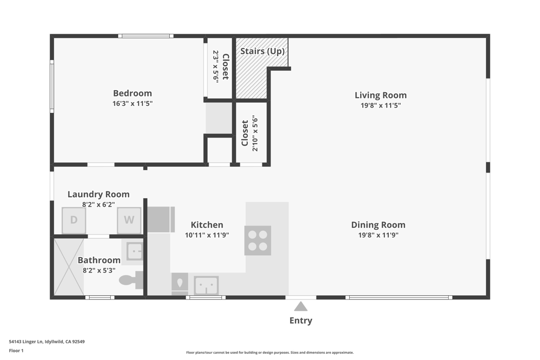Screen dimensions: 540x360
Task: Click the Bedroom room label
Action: [132, 93]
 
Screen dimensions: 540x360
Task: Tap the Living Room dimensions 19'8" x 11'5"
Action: [381, 105]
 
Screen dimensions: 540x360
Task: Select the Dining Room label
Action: [378, 225]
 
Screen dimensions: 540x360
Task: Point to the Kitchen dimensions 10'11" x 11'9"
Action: [207, 235]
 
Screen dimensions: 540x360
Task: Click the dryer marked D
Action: [74, 220]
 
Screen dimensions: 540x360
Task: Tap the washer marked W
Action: [129, 220]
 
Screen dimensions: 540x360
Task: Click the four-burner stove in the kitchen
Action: [257, 240]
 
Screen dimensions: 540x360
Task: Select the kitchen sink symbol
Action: [206, 285]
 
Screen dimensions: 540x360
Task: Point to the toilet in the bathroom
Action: [131, 280]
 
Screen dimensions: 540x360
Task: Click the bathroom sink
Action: [134, 251]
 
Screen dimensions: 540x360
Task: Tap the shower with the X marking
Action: [69, 267]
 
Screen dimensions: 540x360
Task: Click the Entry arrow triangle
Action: [301, 306]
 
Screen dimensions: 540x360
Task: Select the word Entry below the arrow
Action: [301, 320]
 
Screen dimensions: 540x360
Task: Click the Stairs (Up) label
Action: [263, 51]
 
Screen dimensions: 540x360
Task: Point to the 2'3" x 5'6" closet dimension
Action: [216, 67]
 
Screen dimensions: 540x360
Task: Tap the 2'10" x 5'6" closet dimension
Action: [255, 133]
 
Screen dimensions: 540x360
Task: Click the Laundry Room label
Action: [99, 194]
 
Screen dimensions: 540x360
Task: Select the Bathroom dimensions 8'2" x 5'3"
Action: [99, 270]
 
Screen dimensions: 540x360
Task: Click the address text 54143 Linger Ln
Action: [26, 342]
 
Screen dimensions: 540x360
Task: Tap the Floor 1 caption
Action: [16, 351]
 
